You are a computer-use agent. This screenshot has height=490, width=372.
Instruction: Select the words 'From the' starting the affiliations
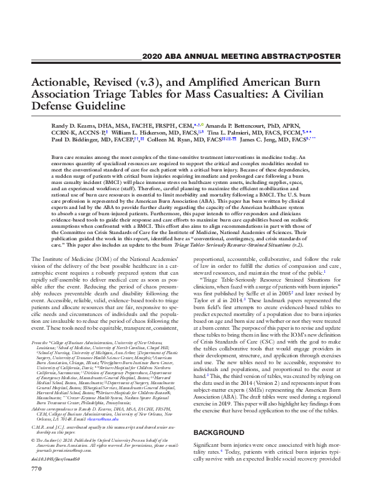[x=39, y=342]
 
